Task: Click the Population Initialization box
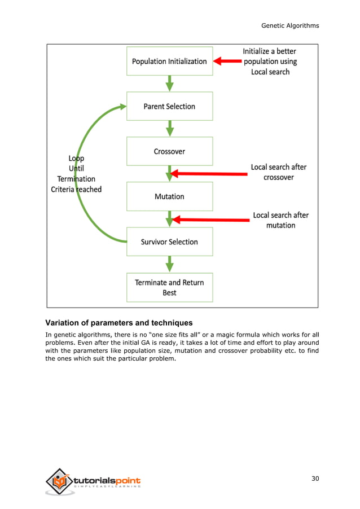pos(169,61)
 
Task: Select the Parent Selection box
pos(169,106)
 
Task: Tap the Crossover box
pos(169,151)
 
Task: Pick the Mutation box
pos(169,196)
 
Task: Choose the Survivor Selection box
pos(169,242)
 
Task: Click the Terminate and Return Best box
pos(169,287)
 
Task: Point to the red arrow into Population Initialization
pos(226,61)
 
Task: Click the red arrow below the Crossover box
pos(209,173)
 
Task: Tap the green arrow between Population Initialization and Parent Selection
pos(169,84)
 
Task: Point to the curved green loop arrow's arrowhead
pos(120,107)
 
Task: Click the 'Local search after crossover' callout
pos(278,172)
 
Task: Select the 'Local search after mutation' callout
pos(280,220)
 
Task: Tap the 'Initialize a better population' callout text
pos(270,62)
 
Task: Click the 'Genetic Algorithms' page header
pos(290,25)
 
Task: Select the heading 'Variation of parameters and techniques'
pos(118,323)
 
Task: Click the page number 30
pos(315,479)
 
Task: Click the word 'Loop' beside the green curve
pos(76,159)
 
